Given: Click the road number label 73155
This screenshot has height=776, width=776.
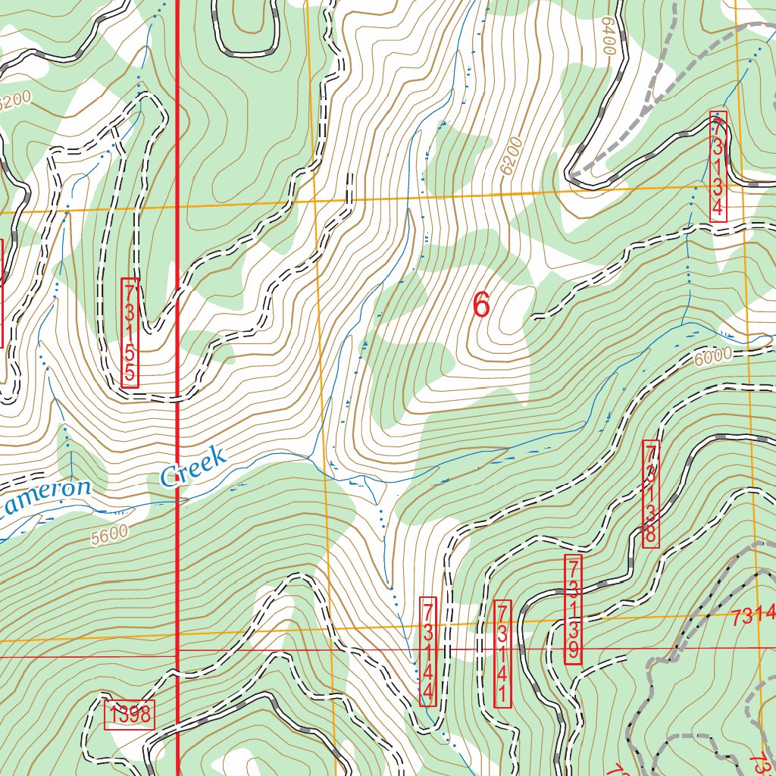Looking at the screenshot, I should [x=130, y=333].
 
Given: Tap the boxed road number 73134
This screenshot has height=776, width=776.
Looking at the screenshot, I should [x=718, y=166].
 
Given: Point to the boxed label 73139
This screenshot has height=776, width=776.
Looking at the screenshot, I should [x=574, y=610].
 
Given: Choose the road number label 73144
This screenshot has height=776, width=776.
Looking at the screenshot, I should [x=428, y=651].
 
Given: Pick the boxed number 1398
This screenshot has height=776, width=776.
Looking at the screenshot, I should [x=129, y=714].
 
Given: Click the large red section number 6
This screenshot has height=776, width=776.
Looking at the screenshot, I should [x=481, y=305].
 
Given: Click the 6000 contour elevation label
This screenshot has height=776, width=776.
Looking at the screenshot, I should [x=713, y=355].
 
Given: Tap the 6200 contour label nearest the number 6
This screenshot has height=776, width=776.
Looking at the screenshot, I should [x=512, y=156].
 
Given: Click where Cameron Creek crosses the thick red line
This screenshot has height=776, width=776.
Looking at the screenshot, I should [x=177, y=499].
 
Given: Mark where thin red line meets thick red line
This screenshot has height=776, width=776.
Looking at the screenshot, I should [x=177, y=650].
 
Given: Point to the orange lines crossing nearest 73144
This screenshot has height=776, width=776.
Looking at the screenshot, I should [x=332, y=630].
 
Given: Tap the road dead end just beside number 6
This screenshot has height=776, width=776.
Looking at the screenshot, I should [x=534, y=317].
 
